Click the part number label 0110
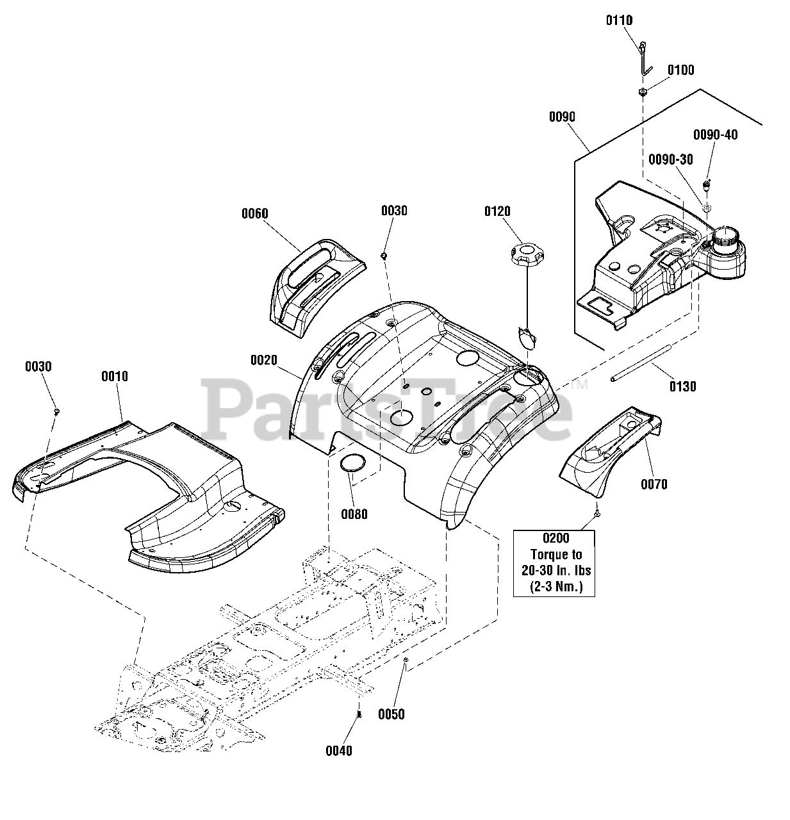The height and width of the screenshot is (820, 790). pyautogui.click(x=619, y=20)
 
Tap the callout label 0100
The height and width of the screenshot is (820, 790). pyautogui.click(x=680, y=70)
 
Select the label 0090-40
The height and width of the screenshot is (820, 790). pyautogui.click(x=716, y=135)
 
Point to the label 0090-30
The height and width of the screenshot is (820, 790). pyautogui.click(x=671, y=160)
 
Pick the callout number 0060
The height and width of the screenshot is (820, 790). pyautogui.click(x=254, y=213)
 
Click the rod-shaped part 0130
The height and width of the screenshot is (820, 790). pyautogui.click(x=641, y=363)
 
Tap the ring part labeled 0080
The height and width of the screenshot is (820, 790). pyautogui.click(x=353, y=463)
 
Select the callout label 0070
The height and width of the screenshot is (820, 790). pyautogui.click(x=654, y=484)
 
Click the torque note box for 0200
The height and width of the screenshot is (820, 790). pyautogui.click(x=554, y=563)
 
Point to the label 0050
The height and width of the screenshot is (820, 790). pyautogui.click(x=391, y=714)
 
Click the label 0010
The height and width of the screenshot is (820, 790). pyautogui.click(x=115, y=376)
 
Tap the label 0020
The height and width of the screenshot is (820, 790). pyautogui.click(x=264, y=360)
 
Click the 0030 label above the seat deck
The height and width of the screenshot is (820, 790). pyautogui.click(x=394, y=211)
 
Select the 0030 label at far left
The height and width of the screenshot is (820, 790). pyautogui.click(x=38, y=366)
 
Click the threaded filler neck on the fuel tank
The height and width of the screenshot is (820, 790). pyautogui.click(x=725, y=239)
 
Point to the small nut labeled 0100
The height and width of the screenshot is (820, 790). pyautogui.click(x=643, y=92)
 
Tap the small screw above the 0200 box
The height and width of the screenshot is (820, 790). pyautogui.click(x=597, y=514)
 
